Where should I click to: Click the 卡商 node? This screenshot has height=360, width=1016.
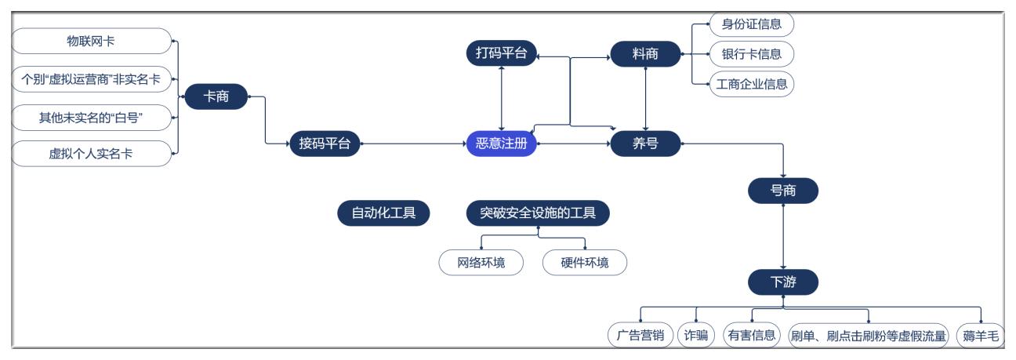(216, 97)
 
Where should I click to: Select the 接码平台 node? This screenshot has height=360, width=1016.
(324, 144)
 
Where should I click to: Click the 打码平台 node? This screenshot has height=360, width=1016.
(501, 53)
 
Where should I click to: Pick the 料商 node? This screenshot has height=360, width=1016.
(645, 53)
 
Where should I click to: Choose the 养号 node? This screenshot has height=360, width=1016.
(645, 144)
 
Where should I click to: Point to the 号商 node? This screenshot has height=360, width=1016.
(783, 190)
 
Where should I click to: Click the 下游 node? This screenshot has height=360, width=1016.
(783, 282)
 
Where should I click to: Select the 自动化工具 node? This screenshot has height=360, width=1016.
(383, 213)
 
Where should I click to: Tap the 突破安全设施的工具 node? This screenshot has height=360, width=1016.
(539, 213)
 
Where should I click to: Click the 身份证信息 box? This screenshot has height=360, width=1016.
(751, 24)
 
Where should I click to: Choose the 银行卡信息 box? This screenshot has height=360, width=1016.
(751, 54)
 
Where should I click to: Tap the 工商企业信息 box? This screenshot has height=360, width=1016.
(751, 84)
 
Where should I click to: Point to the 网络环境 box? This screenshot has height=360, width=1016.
(481, 263)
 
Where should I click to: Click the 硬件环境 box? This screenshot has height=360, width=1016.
(585, 263)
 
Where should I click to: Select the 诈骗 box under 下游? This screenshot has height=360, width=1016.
(696, 335)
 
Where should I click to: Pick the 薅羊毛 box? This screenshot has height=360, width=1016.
(981, 335)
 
